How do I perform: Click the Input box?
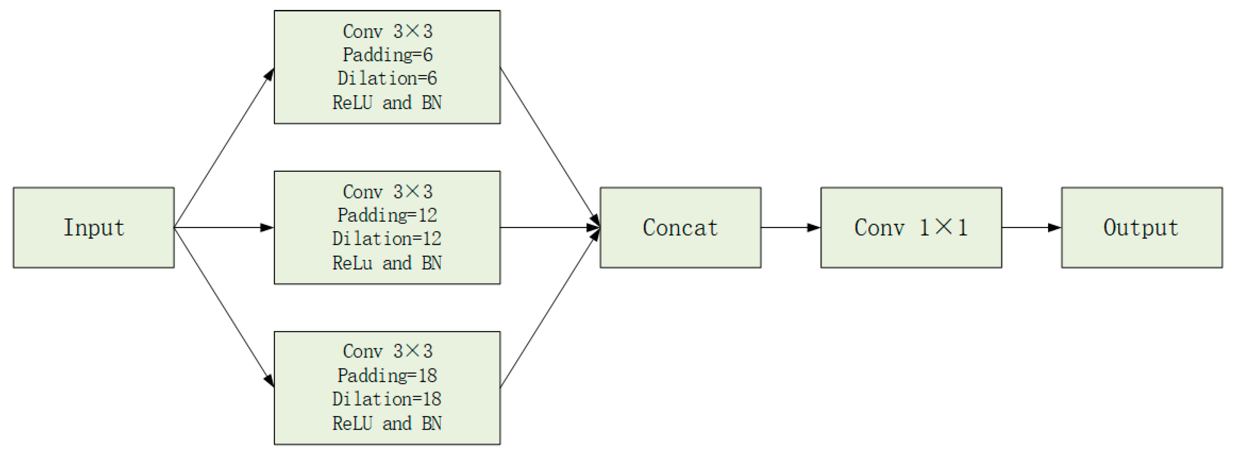click(x=93, y=227)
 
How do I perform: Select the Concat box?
click(x=680, y=227)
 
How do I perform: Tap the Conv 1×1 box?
click(x=911, y=227)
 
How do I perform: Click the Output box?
click(x=1141, y=227)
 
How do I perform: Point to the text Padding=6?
click(x=387, y=55)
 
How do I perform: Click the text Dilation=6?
click(x=387, y=79)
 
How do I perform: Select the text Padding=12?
click(x=387, y=215)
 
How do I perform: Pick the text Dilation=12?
click(x=387, y=239)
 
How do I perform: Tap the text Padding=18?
click(x=387, y=375)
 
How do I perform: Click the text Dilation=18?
click(x=387, y=399)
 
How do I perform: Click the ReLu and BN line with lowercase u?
click(x=387, y=263)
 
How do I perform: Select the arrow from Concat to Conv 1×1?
click(x=790, y=227)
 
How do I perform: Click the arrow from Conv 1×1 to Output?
click(x=1031, y=227)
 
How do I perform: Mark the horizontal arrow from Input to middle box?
click(x=224, y=227)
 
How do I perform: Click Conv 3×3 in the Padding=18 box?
click(x=387, y=351)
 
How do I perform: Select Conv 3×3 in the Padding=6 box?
click(x=387, y=31)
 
